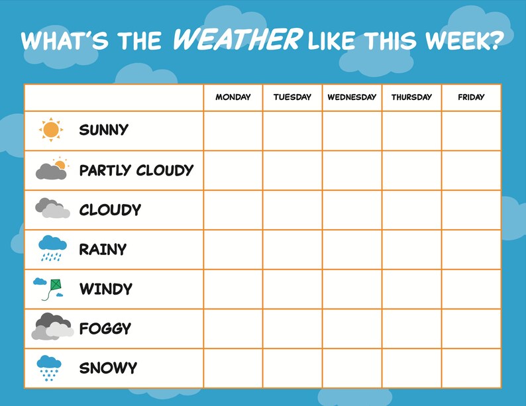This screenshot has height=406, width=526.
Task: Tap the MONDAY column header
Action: point(233,97)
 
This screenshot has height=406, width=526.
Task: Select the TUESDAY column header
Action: point(292,97)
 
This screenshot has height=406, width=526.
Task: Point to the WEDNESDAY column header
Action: point(352,97)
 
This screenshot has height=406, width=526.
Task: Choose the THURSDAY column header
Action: point(411,97)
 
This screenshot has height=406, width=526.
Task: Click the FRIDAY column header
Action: point(471,97)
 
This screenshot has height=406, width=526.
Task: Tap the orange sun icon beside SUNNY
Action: point(51,130)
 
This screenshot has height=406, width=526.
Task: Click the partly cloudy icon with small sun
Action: point(52,170)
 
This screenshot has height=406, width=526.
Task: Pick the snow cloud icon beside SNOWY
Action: point(49,368)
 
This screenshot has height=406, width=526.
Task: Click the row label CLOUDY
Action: point(110,210)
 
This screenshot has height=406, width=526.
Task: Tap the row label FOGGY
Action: point(105,329)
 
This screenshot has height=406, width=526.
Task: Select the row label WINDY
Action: point(106,289)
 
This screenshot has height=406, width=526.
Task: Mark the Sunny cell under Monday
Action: point(233,130)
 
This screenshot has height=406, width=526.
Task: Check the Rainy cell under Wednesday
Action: point(352,250)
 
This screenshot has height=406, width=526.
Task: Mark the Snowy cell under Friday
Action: point(471,368)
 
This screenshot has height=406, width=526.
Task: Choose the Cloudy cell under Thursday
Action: point(411,210)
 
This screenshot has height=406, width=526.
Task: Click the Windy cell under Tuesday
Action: point(292,289)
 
